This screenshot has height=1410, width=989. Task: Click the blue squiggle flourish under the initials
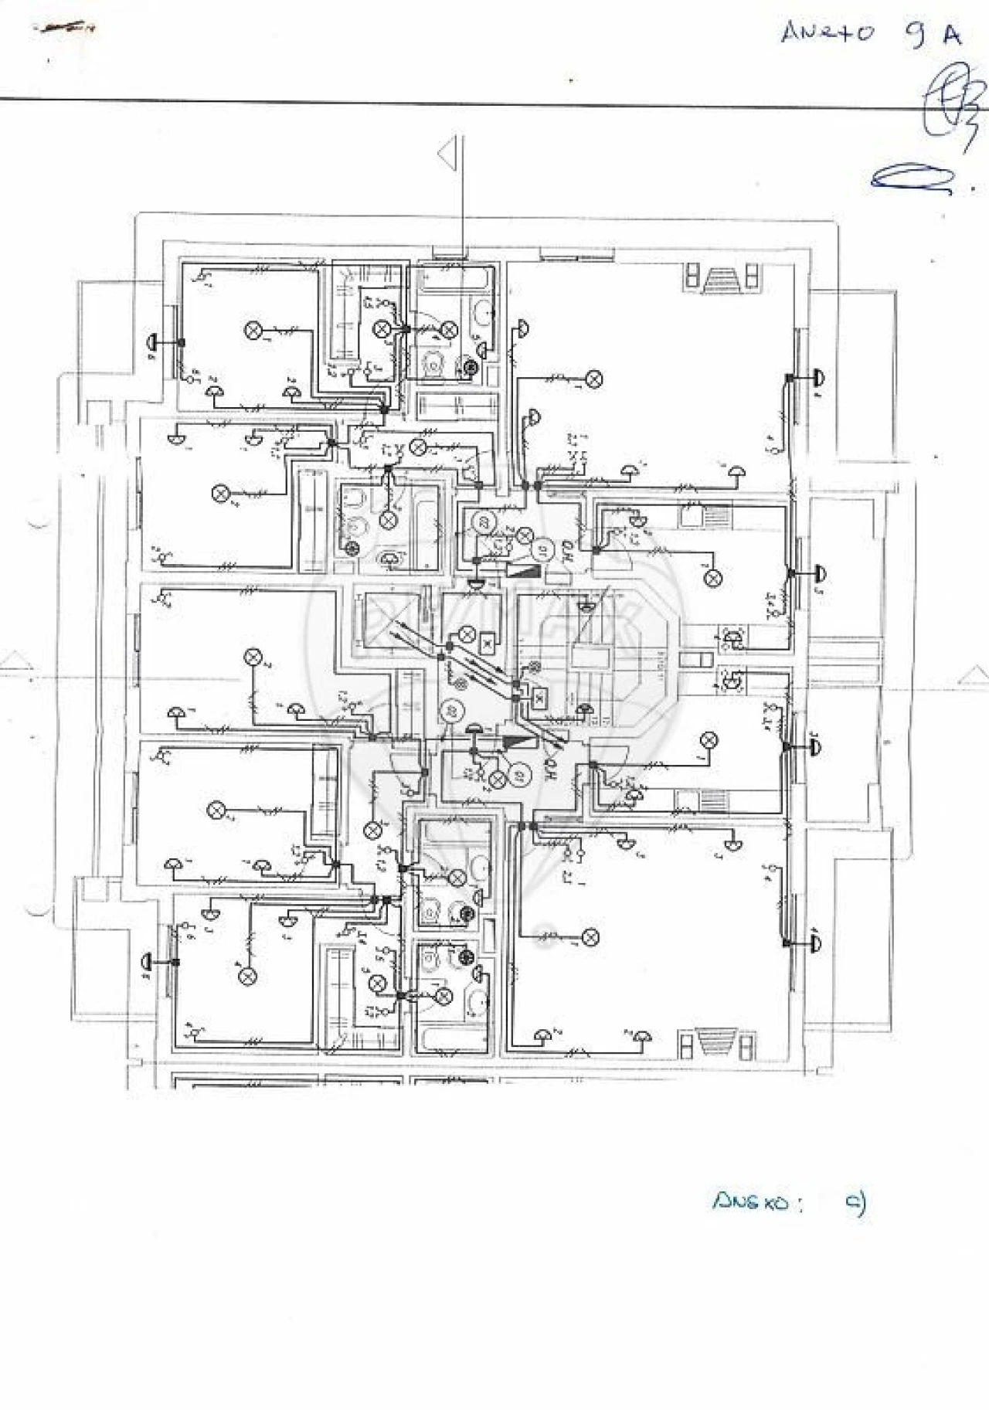pyautogui.click(x=912, y=179)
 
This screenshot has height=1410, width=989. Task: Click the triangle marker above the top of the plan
pyautogui.click(x=446, y=154)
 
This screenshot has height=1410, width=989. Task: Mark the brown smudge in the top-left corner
pyautogui.click(x=65, y=29)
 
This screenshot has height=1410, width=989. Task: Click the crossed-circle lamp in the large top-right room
pyautogui.click(x=593, y=379)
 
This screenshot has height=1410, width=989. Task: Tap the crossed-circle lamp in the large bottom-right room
pyautogui.click(x=590, y=938)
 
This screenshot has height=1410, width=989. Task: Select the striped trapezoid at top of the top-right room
pyautogui.click(x=722, y=277)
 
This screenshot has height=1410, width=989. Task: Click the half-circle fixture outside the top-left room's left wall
pyautogui.click(x=151, y=341)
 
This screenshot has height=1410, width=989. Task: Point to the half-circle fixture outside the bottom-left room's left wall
pyautogui.click(x=147, y=961)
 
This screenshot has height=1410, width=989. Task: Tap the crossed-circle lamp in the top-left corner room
pyautogui.click(x=252, y=331)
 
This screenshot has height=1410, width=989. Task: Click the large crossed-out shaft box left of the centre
pyautogui.click(x=389, y=618)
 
